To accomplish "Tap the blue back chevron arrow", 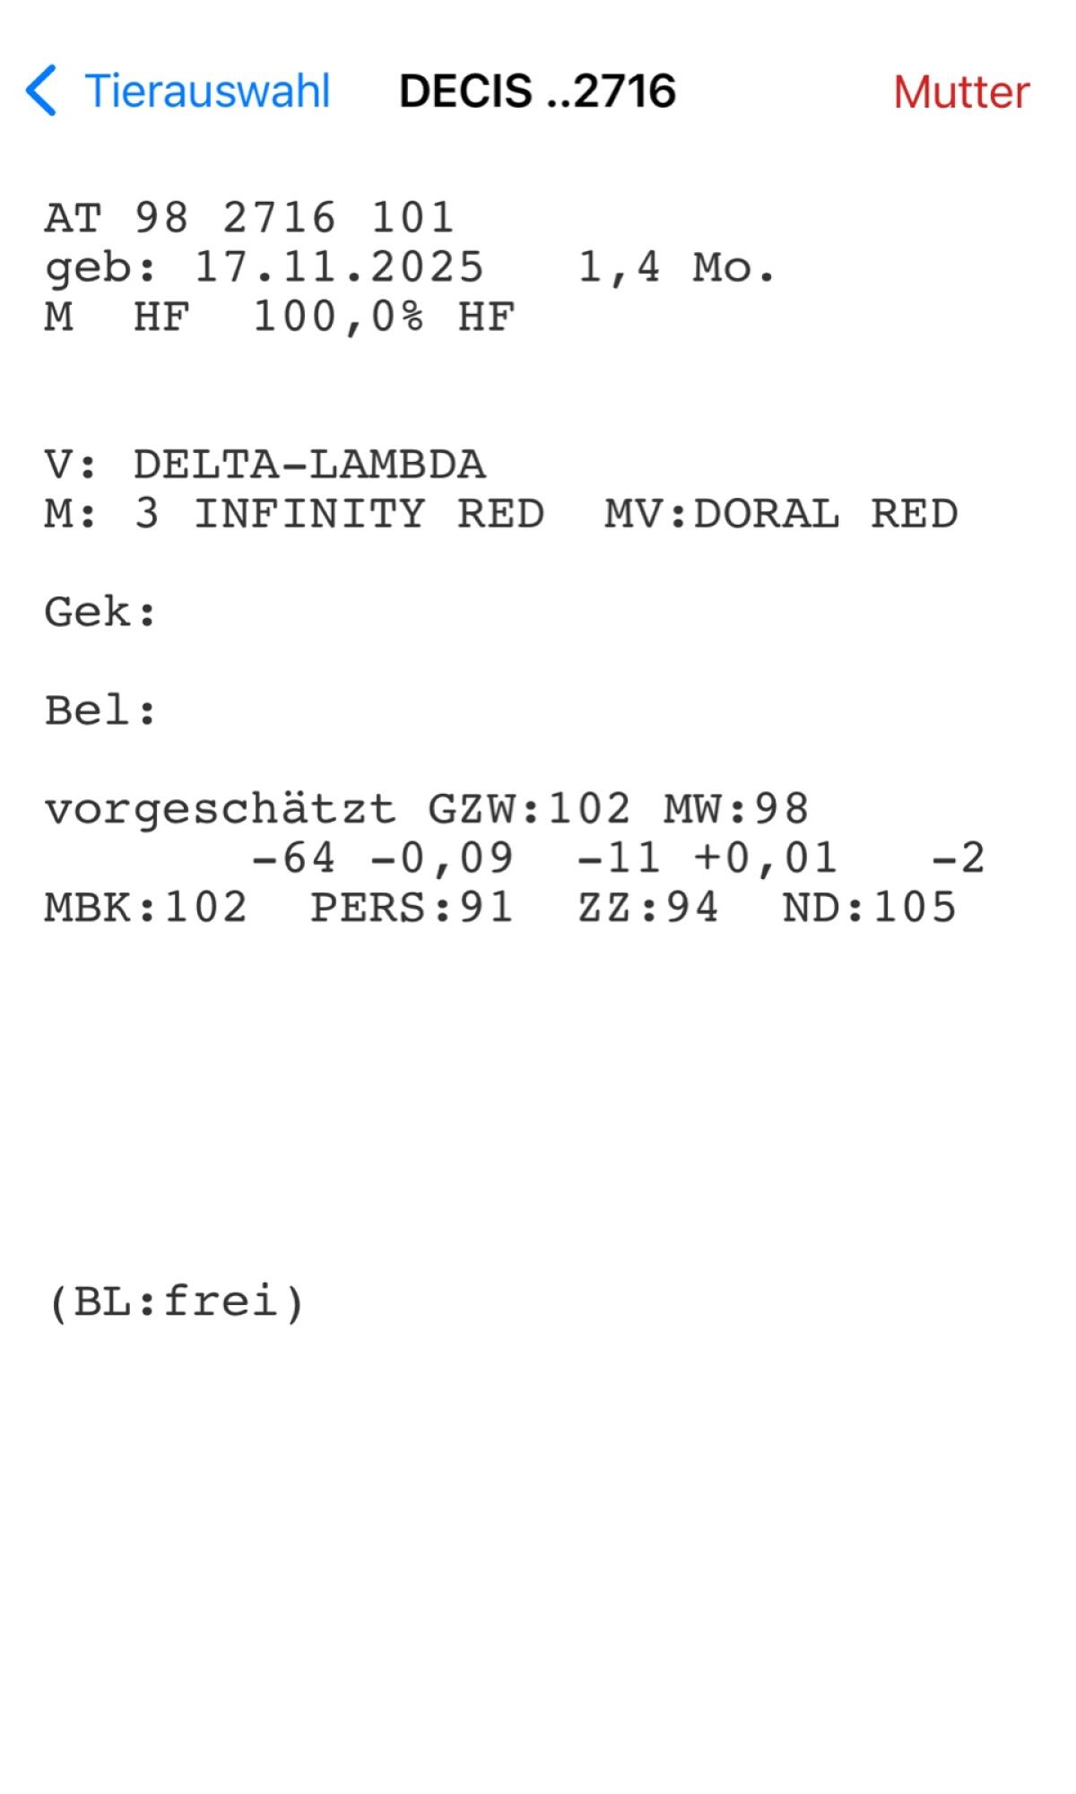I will pyautogui.click(x=41, y=91).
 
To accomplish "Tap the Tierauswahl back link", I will pyautogui.click(x=207, y=91).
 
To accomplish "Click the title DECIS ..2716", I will pyautogui.click(x=537, y=91).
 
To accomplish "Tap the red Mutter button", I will pyautogui.click(x=961, y=92).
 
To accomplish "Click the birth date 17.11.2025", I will pyautogui.click(x=339, y=267).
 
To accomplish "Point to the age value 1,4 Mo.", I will pyautogui.click(x=676, y=267).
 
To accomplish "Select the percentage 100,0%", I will pyautogui.click(x=338, y=317).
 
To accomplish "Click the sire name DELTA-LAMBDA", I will pyautogui.click(x=309, y=465).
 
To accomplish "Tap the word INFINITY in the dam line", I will pyautogui.click(x=309, y=514).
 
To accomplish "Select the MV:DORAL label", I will pyautogui.click(x=722, y=514).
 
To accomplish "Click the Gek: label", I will pyautogui.click(x=100, y=613).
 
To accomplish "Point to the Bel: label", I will pyautogui.click(x=100, y=711).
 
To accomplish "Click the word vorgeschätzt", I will pyautogui.click(x=220, y=809).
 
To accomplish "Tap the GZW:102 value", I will pyautogui.click(x=529, y=809).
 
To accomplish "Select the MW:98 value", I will pyautogui.click(x=736, y=809).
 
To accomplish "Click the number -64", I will pyautogui.click(x=293, y=858).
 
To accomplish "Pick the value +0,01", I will pyautogui.click(x=766, y=858).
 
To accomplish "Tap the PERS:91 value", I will pyautogui.click(x=412, y=908).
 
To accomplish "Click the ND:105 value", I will pyautogui.click(x=869, y=908).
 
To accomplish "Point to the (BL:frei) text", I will pyautogui.click(x=177, y=1302).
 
